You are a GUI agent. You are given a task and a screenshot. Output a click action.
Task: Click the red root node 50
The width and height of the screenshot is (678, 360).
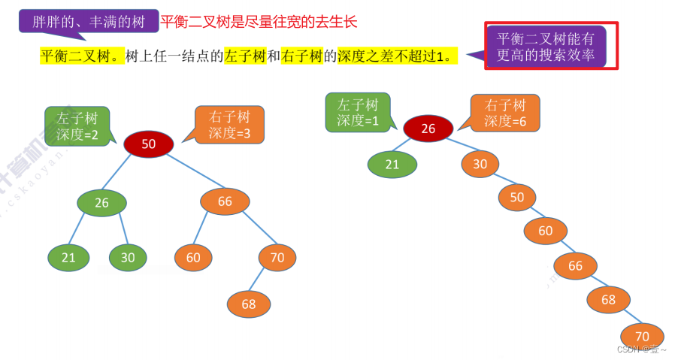pyautogui.click(x=148, y=144)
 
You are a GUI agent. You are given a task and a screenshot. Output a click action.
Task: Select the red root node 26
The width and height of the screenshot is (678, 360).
pyautogui.click(x=428, y=129)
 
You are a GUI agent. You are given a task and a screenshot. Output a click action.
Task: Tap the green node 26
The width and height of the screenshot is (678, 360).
pyautogui.click(x=102, y=202)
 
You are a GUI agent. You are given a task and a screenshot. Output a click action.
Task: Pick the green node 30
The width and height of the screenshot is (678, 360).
pyautogui.click(x=128, y=257)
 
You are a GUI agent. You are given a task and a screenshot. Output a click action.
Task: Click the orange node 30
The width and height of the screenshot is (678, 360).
pyautogui.click(x=480, y=164)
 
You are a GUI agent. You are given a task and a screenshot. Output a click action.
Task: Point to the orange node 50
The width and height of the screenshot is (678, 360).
pyautogui.click(x=517, y=197)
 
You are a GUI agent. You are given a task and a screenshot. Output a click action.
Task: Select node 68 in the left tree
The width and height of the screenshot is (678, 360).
pyautogui.click(x=249, y=304)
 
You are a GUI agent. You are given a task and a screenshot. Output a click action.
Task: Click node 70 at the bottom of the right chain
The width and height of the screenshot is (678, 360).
pyautogui.click(x=642, y=336)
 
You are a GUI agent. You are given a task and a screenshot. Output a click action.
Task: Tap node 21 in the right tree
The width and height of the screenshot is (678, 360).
pyautogui.click(x=392, y=164)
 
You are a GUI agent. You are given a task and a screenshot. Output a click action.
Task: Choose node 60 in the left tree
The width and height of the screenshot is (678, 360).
pyautogui.click(x=193, y=257)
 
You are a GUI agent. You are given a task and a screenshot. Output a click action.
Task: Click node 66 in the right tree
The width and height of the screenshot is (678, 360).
pyautogui.click(x=575, y=265)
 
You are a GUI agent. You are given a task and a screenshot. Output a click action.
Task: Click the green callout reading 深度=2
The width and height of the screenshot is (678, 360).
pyautogui.click(x=77, y=125)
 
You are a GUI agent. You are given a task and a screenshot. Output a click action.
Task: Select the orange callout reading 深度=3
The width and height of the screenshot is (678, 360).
pyautogui.click(x=229, y=125)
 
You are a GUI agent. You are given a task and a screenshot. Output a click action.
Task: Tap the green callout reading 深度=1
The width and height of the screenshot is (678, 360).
pyautogui.click(x=357, y=112)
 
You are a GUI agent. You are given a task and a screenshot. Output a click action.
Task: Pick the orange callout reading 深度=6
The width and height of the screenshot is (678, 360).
pyautogui.click(x=504, y=113)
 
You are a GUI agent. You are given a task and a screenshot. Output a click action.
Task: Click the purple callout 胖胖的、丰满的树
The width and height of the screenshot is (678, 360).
pyautogui.click(x=89, y=21)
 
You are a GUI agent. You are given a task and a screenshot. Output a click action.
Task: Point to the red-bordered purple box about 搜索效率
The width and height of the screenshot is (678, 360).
pyautogui.click(x=551, y=46)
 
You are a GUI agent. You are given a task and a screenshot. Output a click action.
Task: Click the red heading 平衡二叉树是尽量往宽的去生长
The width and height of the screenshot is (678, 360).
pyautogui.click(x=259, y=22)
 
